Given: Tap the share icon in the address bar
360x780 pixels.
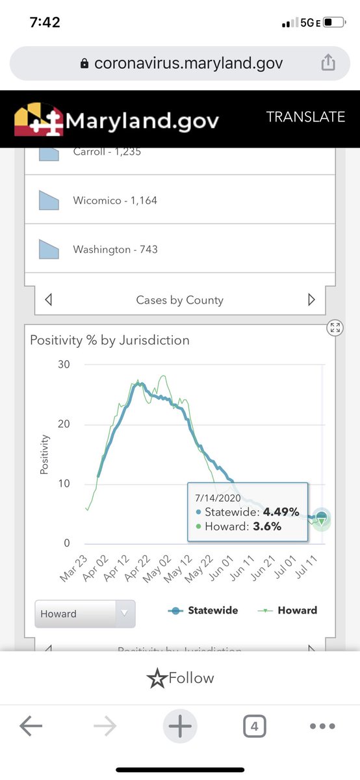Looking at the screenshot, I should [x=328, y=63].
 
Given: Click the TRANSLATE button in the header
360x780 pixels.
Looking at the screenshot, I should [x=305, y=117].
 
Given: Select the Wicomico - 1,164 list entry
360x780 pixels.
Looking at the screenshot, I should [x=114, y=201].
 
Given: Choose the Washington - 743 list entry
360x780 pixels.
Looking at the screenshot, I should [x=114, y=250].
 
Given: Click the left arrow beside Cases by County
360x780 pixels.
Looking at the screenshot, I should [x=48, y=300].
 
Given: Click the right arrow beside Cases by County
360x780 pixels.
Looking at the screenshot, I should [x=311, y=300].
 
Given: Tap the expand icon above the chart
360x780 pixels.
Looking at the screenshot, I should [x=335, y=328].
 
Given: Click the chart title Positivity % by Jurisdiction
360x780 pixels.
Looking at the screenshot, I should [x=110, y=340].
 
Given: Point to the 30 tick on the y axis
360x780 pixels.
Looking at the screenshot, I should [x=63, y=365].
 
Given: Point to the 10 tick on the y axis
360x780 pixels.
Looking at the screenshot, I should [x=63, y=484].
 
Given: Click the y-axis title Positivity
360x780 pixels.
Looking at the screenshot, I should [x=45, y=454].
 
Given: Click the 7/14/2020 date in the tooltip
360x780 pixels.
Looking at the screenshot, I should [x=217, y=497].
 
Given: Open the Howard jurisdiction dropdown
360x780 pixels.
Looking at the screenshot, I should [x=84, y=614].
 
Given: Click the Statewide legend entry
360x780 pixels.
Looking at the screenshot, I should [x=204, y=610].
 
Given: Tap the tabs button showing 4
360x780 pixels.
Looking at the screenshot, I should [x=254, y=727].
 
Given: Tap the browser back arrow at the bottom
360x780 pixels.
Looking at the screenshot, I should [x=31, y=727].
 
